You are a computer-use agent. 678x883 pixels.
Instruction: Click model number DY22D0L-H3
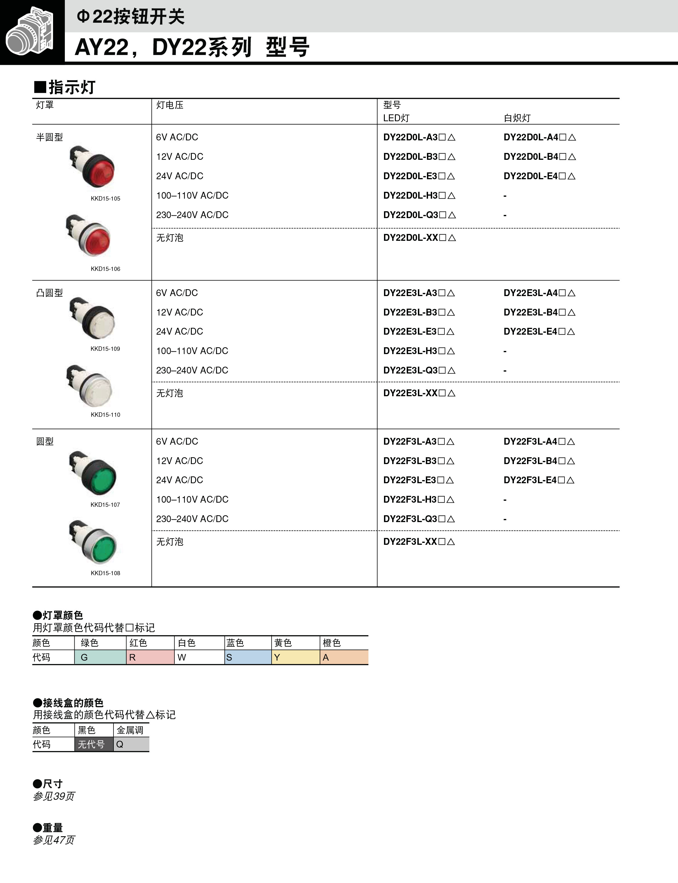pyautogui.click(x=419, y=195)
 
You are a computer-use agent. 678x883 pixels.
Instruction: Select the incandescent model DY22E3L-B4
pyautogui.click(x=539, y=312)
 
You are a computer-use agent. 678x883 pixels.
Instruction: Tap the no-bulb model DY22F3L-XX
pyautogui.click(x=419, y=542)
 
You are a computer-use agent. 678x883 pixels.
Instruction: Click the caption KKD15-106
pyautogui.click(x=105, y=269)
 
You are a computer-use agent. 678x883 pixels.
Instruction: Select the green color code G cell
pyautogui.click(x=100, y=657)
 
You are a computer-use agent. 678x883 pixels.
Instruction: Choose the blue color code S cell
pyautogui.click(x=248, y=657)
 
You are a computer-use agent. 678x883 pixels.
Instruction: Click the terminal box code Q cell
pyautogui.click(x=131, y=744)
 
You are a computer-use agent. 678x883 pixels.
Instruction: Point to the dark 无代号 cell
pyautogui.click(x=93, y=744)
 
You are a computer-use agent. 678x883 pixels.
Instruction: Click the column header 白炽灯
pyautogui.click(x=517, y=118)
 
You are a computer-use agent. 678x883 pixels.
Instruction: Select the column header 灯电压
pyautogui.click(x=170, y=105)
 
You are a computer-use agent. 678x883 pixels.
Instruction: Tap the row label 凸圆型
pyautogui.click(x=49, y=293)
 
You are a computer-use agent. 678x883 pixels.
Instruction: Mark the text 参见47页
pyautogui.click(x=54, y=840)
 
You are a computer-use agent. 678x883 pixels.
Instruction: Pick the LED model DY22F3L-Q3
pyautogui.click(x=419, y=519)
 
